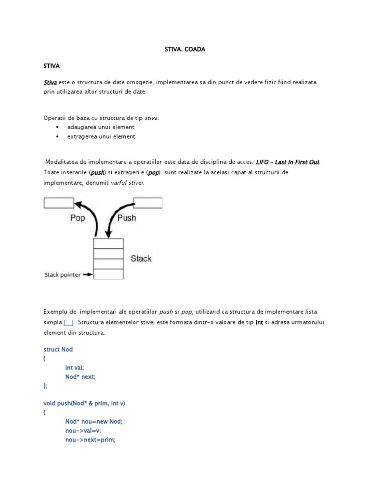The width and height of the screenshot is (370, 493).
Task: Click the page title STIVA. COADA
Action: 182,49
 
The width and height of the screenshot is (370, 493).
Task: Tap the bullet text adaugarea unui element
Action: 100,127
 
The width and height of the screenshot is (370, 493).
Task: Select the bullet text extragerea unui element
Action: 101,136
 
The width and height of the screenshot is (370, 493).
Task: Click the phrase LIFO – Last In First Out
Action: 288,162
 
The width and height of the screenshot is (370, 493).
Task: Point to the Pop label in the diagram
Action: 77,218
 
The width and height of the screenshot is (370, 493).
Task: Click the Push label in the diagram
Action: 127,218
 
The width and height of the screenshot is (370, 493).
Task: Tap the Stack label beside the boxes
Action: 141,259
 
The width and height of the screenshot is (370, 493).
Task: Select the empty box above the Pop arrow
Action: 59,203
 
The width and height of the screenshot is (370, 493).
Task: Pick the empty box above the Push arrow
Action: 147,203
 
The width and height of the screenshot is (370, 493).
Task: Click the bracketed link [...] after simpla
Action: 69,322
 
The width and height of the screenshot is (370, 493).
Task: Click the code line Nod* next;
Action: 80,376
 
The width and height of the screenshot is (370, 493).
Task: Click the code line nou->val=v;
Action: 83,431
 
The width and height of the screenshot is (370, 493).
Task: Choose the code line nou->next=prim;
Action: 91,440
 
